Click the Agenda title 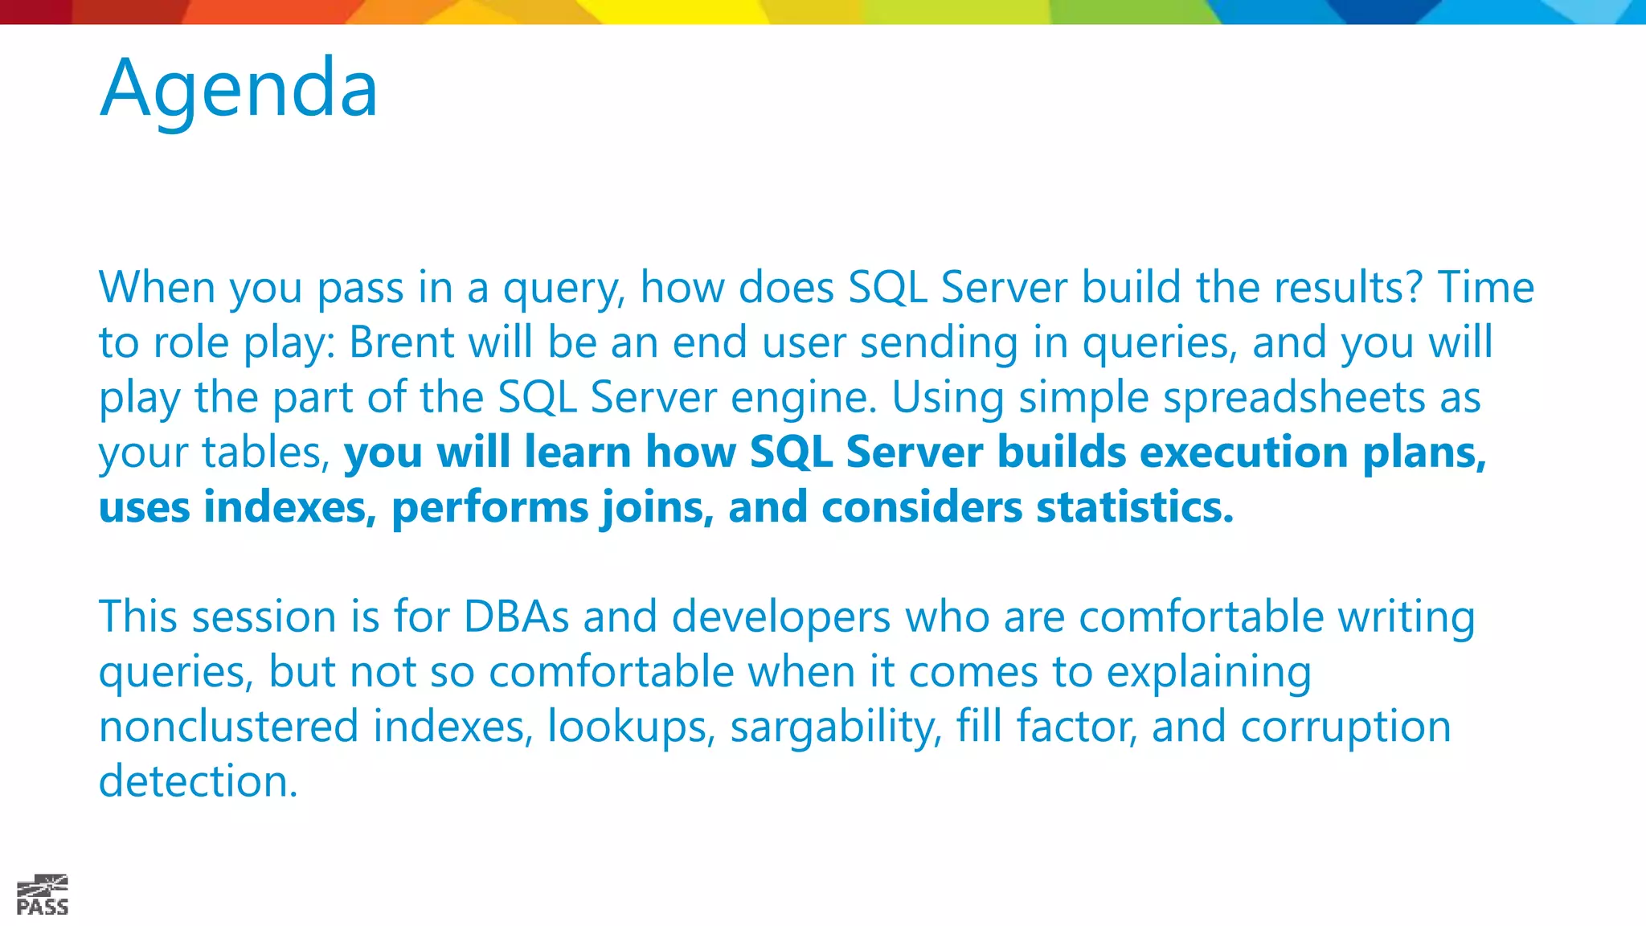pyautogui.click(x=239, y=88)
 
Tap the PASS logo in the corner pyautogui.click(x=43, y=895)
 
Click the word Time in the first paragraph pyautogui.click(x=1485, y=288)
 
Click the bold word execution pyautogui.click(x=1243, y=452)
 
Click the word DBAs pyautogui.click(x=516, y=617)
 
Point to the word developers pyautogui.click(x=780, y=617)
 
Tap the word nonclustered pyautogui.click(x=228, y=727)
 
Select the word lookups pyautogui.click(x=631, y=727)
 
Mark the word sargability pyautogui.click(x=835, y=727)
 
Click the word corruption pyautogui.click(x=1345, y=727)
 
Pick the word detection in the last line pyautogui.click(x=198, y=781)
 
